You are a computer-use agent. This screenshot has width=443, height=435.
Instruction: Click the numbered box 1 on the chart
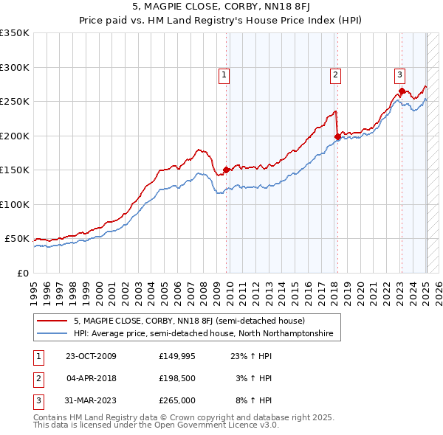223,74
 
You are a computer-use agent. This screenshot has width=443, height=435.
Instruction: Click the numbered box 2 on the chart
335,74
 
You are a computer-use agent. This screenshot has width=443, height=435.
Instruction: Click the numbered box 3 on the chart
399,74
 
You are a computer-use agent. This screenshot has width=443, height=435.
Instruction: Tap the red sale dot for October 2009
226,170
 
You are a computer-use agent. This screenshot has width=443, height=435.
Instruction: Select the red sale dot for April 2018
337,136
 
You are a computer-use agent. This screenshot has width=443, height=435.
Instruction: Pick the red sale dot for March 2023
402,91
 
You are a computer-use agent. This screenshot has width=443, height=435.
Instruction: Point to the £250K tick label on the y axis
15,102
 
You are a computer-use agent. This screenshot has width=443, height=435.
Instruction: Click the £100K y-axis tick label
15,204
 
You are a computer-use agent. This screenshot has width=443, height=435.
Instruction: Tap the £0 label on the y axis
23,273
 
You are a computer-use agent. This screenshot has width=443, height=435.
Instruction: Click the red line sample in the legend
52,321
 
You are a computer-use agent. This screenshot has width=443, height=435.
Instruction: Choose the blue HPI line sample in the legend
52,333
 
